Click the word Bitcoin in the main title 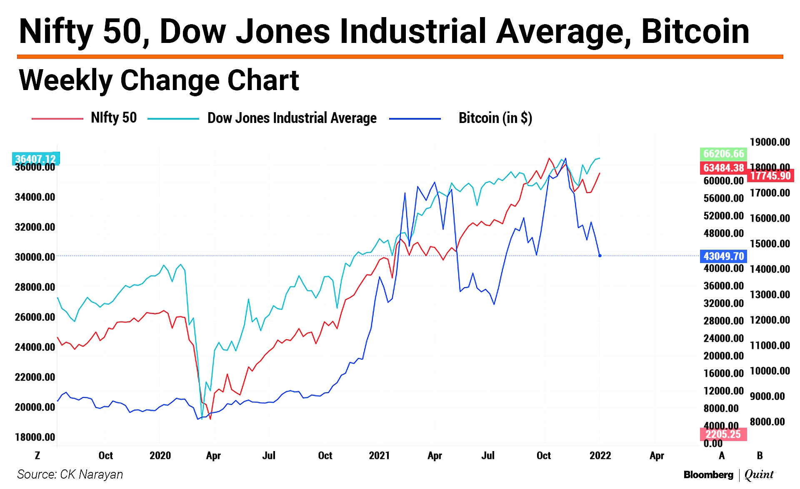pyautogui.click(x=695, y=31)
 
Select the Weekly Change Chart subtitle pyautogui.click(x=159, y=80)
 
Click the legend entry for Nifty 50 pyautogui.click(x=113, y=118)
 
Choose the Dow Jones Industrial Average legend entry pyautogui.click(x=292, y=118)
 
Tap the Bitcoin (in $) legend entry pyautogui.click(x=495, y=118)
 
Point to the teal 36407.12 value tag pyautogui.click(x=36, y=158)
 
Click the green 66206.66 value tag pyautogui.click(x=723, y=154)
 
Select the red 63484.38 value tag pyautogui.click(x=723, y=168)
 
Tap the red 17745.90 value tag pyautogui.click(x=770, y=176)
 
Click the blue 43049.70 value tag pyautogui.click(x=723, y=256)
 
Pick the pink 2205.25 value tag pyautogui.click(x=723, y=434)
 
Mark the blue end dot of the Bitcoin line pyautogui.click(x=600, y=256)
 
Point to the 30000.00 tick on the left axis pyautogui.click(x=35, y=257)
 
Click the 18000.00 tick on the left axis pyautogui.click(x=35, y=437)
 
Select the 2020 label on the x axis pyautogui.click(x=160, y=455)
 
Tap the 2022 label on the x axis pyautogui.click(x=600, y=455)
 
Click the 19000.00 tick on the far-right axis pyautogui.click(x=770, y=142)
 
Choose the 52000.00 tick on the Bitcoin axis pyautogui.click(x=723, y=216)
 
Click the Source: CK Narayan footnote pyautogui.click(x=70, y=474)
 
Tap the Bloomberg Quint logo pyautogui.click(x=728, y=474)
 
